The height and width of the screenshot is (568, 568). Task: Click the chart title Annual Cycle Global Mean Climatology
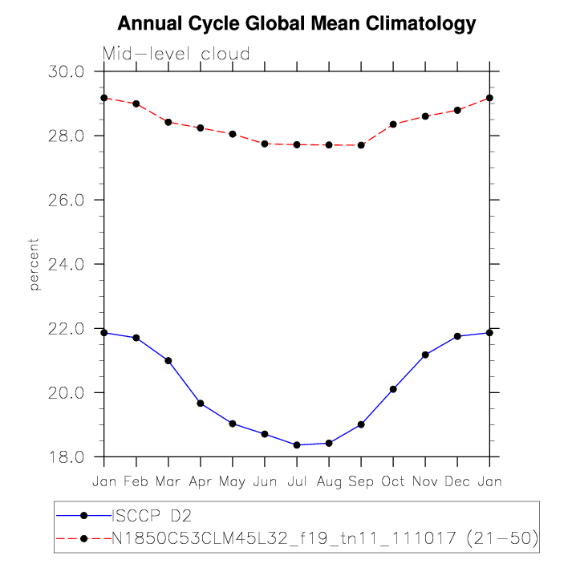coord(297,24)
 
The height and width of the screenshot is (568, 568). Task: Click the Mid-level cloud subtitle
coord(176,55)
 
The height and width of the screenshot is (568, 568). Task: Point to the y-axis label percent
coord(34,264)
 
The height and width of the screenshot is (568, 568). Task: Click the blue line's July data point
coord(297,445)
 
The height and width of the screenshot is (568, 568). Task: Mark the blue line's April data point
coord(201,404)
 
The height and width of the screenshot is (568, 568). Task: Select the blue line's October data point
coord(393,389)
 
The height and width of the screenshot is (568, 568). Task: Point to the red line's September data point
coord(361,145)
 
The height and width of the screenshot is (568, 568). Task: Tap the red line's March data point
coord(168,122)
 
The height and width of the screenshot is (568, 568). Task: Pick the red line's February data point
coord(136,103)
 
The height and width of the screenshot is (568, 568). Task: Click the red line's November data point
coord(425,116)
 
